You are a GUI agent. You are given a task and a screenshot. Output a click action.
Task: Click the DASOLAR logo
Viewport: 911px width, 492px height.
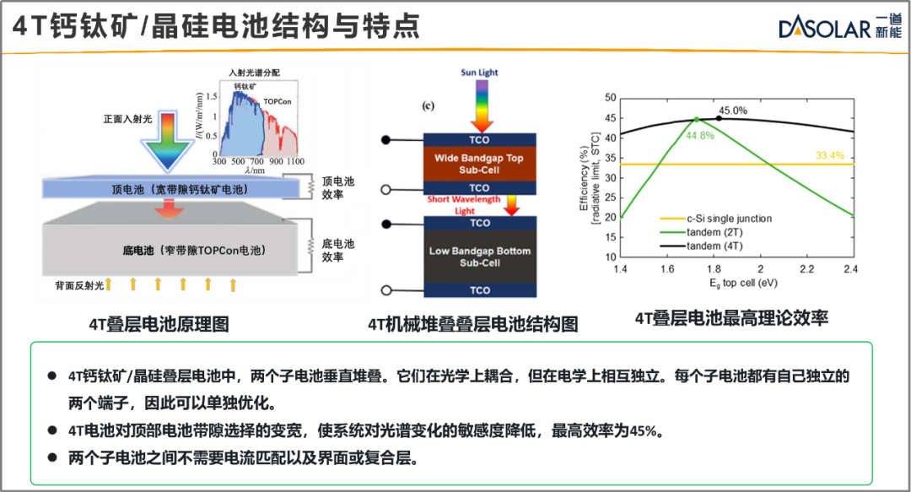pos(840,27)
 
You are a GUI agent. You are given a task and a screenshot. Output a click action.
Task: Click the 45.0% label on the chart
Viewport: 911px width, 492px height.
pos(733,111)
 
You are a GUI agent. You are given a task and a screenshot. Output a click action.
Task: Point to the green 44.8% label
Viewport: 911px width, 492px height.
pos(699,136)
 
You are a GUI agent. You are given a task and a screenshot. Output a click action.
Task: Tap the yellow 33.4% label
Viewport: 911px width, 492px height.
pos(830,155)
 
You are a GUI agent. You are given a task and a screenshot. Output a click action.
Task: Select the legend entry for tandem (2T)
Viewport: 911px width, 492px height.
pos(701,232)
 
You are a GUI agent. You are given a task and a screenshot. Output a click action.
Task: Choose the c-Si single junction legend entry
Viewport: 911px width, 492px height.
pos(716,219)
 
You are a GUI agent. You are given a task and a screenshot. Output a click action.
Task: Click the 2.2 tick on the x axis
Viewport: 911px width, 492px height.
pos(806,268)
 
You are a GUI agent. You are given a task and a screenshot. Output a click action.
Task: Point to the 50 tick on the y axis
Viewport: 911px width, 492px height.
pos(610,97)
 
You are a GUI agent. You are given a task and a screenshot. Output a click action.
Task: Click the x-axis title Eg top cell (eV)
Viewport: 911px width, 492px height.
pos(743,284)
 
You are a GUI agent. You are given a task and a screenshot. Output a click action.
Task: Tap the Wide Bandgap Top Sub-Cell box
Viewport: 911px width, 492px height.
pos(479,164)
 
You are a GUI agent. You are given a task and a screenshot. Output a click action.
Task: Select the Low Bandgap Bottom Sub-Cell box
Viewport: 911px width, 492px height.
pos(480,257)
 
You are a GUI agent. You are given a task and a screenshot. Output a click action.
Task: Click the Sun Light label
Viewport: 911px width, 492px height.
pos(479,72)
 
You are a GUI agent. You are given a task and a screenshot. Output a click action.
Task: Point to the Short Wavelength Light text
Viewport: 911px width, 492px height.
pos(464,205)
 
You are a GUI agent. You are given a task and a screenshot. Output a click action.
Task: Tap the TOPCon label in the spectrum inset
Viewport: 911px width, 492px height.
pos(278,101)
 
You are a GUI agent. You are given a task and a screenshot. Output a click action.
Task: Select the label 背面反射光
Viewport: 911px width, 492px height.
pos(79,285)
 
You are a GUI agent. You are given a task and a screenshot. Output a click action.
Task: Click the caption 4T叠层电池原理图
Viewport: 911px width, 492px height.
pos(159,324)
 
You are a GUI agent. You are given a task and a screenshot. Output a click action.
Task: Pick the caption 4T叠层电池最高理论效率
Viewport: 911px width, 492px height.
pos(731,318)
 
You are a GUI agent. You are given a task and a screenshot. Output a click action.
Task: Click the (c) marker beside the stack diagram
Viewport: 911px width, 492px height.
pos(429,105)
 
